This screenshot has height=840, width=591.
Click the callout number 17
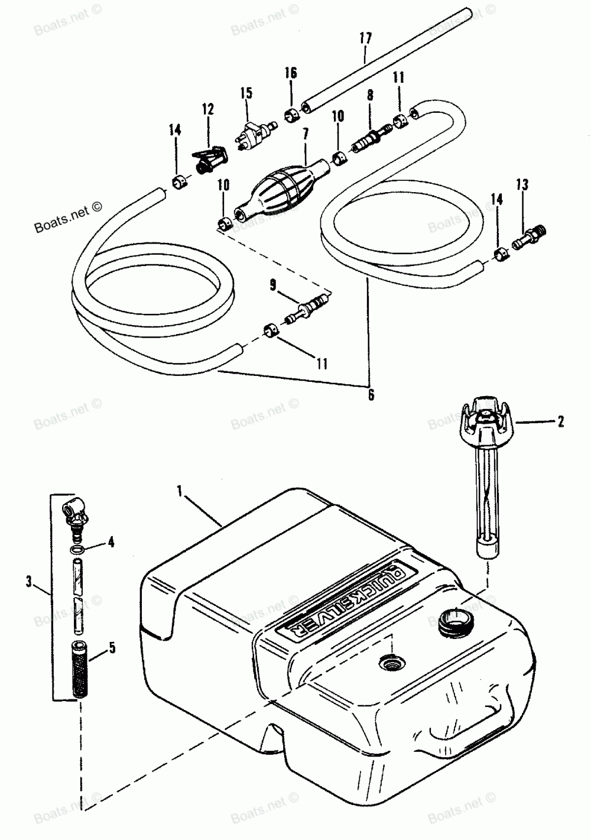point(365,39)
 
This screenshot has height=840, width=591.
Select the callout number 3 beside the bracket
point(29,582)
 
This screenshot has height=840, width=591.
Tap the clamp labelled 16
point(291,115)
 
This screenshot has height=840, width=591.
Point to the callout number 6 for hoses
point(371,395)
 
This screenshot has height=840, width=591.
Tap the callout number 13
point(522,185)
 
